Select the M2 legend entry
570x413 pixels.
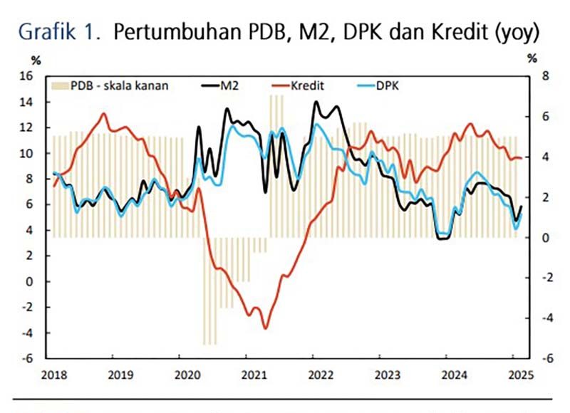pos(229,86)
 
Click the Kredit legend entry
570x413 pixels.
pos(307,86)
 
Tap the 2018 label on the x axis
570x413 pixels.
pos(53,374)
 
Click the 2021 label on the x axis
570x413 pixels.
pos(251,374)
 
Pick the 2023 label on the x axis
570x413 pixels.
pos(385,374)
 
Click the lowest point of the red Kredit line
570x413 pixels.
pos(265,328)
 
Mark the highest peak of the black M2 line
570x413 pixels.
pos(316,102)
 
